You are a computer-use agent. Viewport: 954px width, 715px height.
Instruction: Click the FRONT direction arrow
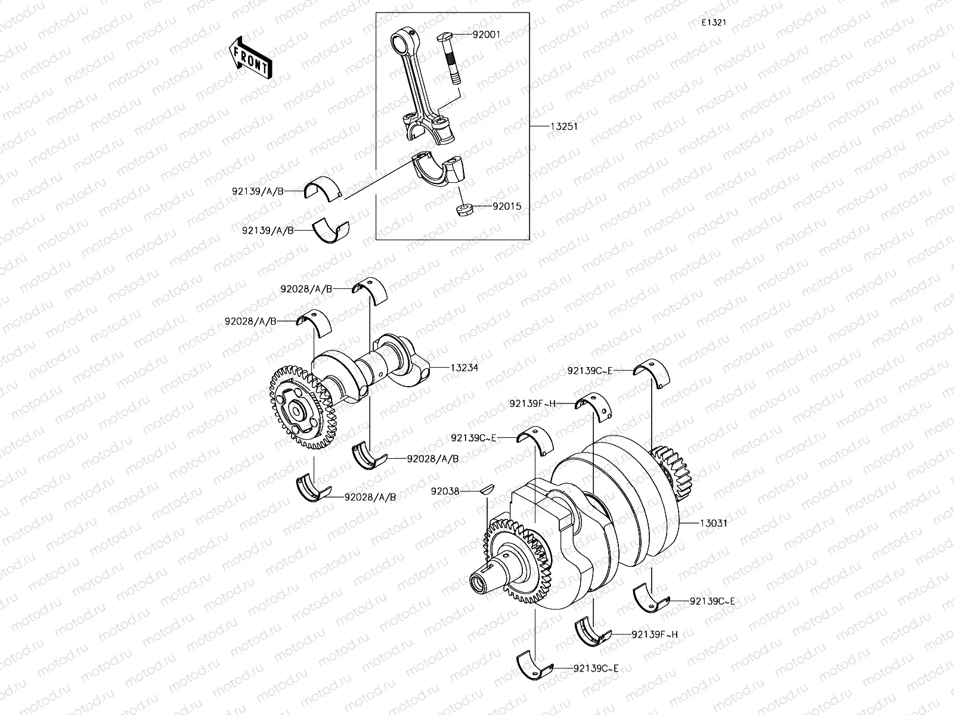point(250,58)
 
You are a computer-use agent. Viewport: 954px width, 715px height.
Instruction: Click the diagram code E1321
point(714,23)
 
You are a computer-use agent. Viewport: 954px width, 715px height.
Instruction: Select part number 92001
point(486,35)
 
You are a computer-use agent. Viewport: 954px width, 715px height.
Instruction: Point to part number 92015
point(507,207)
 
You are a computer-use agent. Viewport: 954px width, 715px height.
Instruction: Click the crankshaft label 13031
point(712,524)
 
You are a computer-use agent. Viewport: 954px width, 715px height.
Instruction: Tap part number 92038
point(445,492)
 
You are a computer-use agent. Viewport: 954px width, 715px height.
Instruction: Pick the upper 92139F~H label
point(532,403)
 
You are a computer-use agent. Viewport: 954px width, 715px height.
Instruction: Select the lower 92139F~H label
point(655,635)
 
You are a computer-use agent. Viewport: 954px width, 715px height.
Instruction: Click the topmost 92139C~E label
point(590,371)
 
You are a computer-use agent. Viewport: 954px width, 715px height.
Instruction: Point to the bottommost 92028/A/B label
point(370,497)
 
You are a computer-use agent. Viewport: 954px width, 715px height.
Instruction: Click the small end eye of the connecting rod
point(399,42)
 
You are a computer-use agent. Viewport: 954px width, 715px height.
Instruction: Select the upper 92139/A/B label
point(258,191)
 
